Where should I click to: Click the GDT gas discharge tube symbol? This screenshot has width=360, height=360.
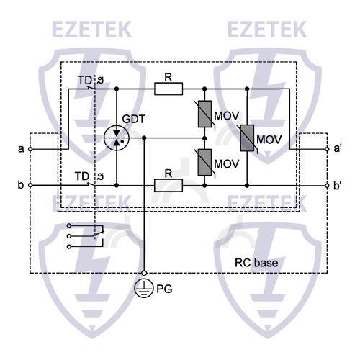click(x=117, y=137)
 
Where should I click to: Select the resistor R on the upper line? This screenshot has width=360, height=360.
click(x=168, y=89)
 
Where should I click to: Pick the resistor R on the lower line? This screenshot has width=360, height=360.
click(x=168, y=185)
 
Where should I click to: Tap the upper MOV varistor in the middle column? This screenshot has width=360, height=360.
click(x=205, y=114)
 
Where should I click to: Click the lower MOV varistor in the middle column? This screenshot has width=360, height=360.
click(x=205, y=162)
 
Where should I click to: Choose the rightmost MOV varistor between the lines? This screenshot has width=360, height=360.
click(x=247, y=137)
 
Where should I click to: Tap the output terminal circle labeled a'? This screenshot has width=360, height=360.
click(x=328, y=149)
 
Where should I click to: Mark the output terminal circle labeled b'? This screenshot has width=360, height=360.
click(x=328, y=185)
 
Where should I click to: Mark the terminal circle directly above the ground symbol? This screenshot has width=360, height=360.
click(x=145, y=273)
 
